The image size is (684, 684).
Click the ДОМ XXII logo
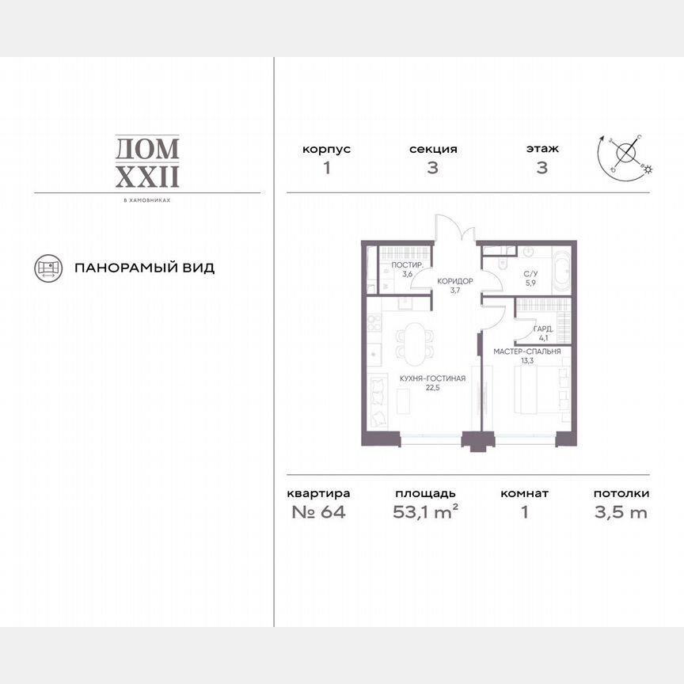point(147,161)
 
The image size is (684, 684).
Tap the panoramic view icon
point(48,268)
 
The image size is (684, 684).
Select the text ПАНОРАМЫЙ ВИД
point(144,268)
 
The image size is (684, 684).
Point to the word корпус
point(326,149)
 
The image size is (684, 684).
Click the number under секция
point(433,169)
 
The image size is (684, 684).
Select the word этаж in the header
point(542,149)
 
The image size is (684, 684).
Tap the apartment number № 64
point(318,511)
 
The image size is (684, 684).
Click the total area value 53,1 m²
point(426,511)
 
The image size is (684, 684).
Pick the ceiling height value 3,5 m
point(621,511)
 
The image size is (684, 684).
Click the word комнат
point(524,493)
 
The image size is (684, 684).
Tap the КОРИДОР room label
point(455,281)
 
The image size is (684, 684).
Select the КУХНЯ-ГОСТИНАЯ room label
point(432,378)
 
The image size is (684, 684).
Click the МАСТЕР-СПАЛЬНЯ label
point(527,351)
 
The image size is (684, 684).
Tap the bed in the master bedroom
point(541,386)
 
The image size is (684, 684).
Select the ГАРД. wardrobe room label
point(543,328)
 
